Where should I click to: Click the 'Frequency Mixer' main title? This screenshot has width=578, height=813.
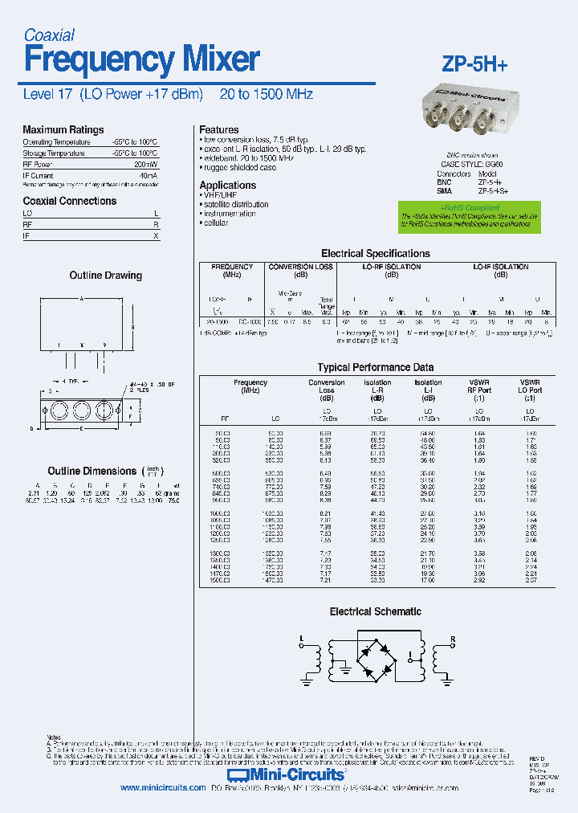pos(141,60)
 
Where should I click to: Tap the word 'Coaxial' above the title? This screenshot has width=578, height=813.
pos(49,35)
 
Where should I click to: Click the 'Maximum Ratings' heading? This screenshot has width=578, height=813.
pos(63,130)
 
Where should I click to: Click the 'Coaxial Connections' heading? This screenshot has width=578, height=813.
pos(69,201)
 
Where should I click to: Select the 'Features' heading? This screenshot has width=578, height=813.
pos(218,129)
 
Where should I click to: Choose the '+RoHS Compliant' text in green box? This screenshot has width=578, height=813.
pos(463,207)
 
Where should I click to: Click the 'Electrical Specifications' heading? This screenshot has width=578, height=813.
pos(376,253)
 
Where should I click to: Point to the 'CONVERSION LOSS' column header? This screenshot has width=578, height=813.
pos(300,267)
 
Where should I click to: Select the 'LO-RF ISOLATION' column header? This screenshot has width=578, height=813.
pos(391,267)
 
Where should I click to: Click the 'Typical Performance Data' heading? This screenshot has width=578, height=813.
pos(376,367)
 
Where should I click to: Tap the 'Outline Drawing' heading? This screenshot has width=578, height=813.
pos(105,276)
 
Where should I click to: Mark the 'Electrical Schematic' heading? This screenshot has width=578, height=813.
pos(375,611)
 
